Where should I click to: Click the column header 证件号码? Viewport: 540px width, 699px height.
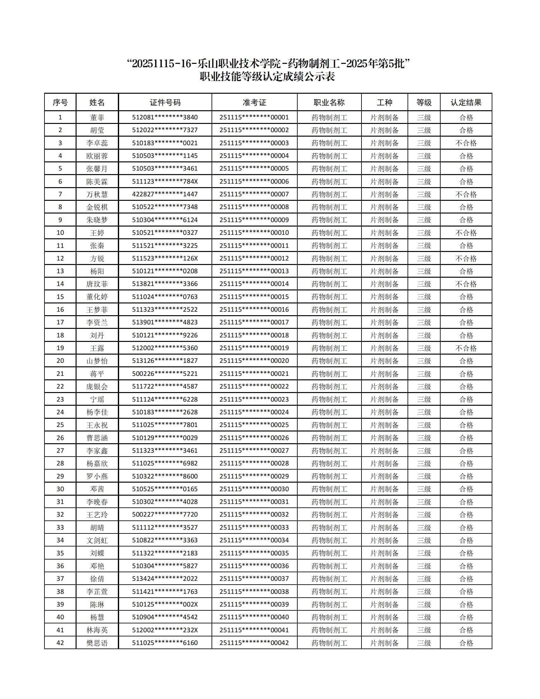[165, 102]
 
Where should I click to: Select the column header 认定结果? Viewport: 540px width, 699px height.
[466, 102]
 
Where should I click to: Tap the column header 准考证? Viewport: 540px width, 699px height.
[254, 102]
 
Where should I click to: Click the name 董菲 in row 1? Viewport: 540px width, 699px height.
[97, 118]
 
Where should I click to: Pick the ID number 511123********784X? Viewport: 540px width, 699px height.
[165, 181]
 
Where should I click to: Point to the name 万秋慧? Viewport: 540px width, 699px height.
[97, 194]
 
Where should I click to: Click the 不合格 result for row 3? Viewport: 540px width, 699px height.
[466, 143]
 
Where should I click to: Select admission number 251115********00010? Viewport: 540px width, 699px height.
[254, 233]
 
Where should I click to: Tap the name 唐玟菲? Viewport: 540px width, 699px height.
[97, 284]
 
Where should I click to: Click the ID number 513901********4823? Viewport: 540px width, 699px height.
[165, 322]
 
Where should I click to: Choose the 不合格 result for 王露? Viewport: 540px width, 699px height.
[466, 348]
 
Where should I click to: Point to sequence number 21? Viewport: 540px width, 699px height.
[60, 374]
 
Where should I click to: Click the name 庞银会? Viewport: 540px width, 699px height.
[97, 386]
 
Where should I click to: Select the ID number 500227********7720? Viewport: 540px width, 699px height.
[165, 514]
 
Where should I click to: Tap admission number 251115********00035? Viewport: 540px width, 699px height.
[254, 553]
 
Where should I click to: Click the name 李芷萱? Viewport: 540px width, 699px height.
[97, 592]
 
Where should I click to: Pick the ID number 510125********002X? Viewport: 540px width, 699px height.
[165, 604]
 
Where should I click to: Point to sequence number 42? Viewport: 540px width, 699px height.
[60, 643]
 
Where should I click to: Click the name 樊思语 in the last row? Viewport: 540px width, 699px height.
[97, 643]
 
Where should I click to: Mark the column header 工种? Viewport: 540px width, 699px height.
[384, 102]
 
